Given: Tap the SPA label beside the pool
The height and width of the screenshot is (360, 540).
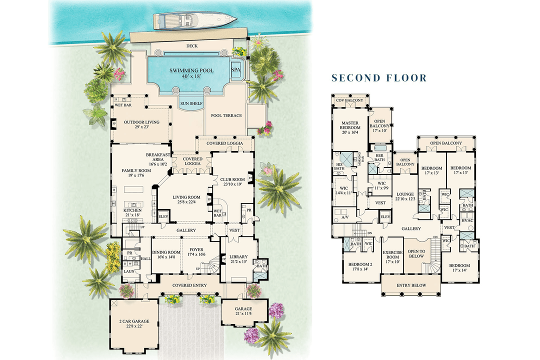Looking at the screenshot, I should tap(235, 70).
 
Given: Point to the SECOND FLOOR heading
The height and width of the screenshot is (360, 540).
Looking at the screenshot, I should tap(379, 77).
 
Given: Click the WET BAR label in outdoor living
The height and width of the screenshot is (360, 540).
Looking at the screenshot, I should tap(122, 105).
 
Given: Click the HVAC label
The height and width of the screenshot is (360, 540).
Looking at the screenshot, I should tap(467, 220).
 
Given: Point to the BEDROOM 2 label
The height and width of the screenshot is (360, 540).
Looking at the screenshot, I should tap(357, 266).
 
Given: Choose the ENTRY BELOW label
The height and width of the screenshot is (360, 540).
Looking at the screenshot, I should tap(410, 285).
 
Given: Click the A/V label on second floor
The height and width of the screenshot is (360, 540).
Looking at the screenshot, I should tap(344, 218).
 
